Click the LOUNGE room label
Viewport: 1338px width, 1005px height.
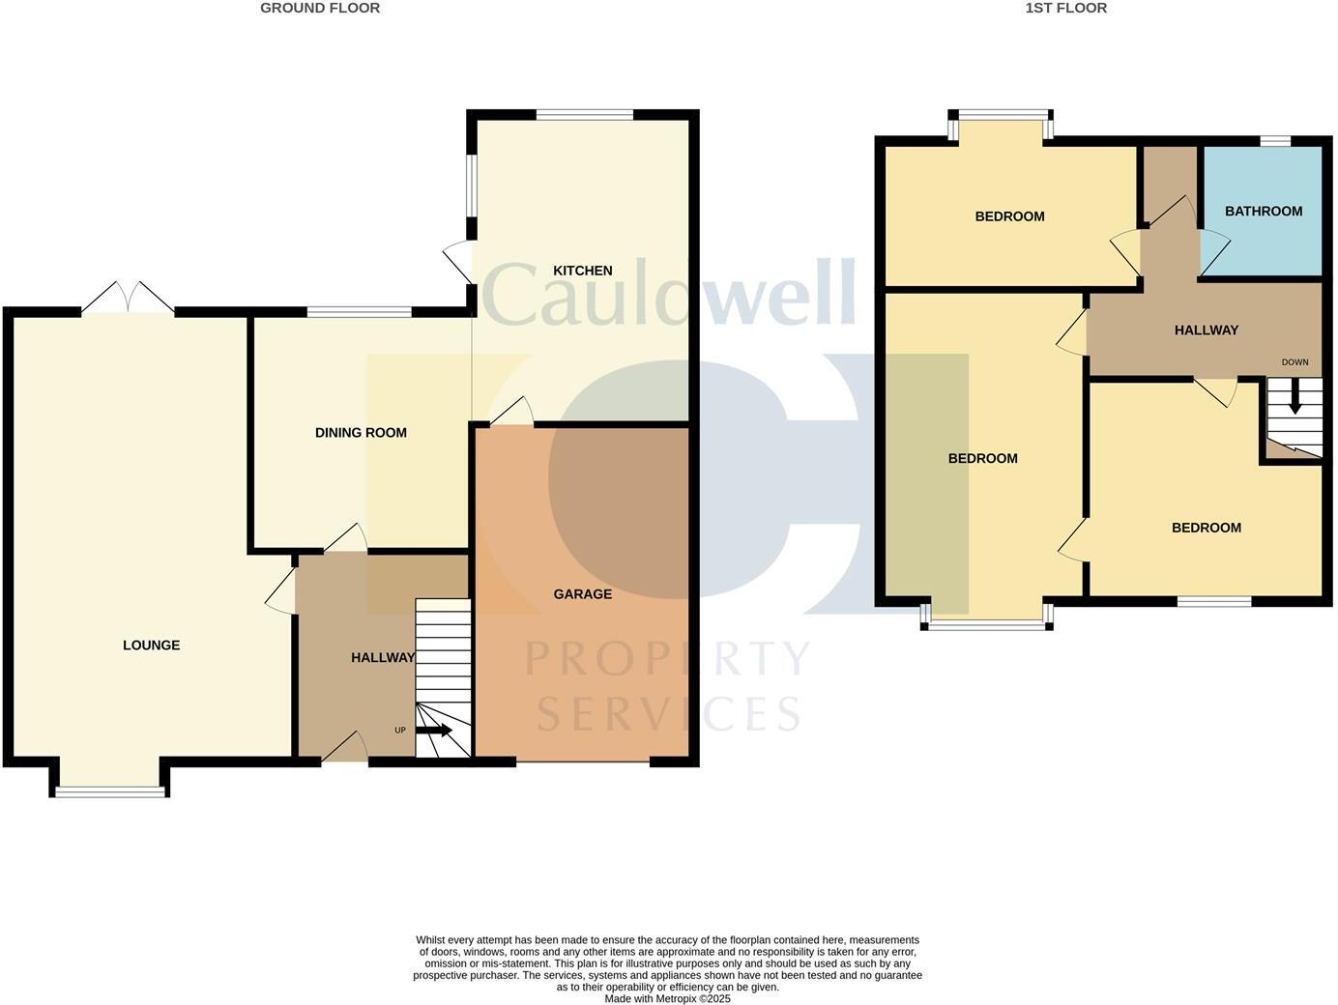point(151,646)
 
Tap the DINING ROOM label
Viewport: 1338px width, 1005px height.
point(361,433)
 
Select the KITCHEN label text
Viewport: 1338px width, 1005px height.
point(582,271)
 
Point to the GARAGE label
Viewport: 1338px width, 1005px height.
point(582,594)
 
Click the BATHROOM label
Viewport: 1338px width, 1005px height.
point(1263,212)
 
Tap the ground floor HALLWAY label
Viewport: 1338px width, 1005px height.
point(382,658)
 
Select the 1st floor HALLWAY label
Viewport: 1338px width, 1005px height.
point(1206,330)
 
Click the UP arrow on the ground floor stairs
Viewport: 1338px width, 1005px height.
point(434,730)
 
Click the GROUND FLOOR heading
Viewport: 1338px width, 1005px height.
point(320,8)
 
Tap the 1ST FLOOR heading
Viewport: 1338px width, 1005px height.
point(1065,8)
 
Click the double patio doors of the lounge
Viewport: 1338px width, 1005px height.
point(128,298)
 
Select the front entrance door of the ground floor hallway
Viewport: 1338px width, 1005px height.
point(345,748)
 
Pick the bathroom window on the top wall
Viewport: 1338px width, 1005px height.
point(1274,141)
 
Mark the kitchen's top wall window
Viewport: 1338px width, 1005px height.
point(584,115)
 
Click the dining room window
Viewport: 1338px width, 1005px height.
point(359,312)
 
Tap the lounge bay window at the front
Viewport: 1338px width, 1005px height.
point(109,791)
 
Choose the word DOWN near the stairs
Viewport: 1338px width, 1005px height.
point(1294,362)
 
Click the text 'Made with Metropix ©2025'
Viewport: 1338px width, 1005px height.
point(667,999)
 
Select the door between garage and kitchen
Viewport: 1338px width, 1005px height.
point(512,413)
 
